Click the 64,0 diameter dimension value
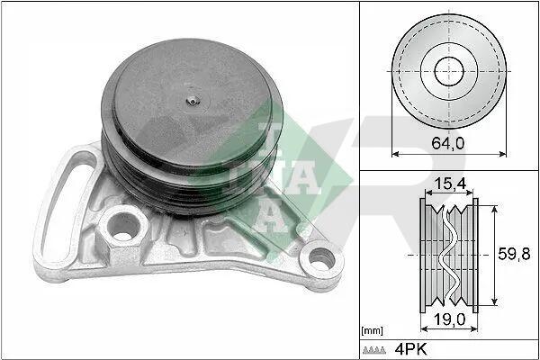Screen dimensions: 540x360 (x=447, y=143)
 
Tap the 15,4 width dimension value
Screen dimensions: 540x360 (x=450, y=184)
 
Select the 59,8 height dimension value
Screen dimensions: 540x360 (x=514, y=254)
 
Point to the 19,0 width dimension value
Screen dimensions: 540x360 (x=450, y=319)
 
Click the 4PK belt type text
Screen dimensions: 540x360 (x=411, y=349)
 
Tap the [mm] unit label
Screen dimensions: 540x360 (x=373, y=331)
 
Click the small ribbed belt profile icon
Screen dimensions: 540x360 (x=374, y=350)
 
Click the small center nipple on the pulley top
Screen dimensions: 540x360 (x=193, y=101)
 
